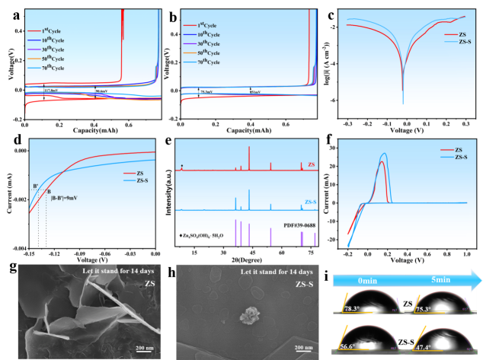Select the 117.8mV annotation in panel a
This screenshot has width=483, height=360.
pos(52,91)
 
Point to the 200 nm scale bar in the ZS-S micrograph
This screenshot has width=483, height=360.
pos(303,349)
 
